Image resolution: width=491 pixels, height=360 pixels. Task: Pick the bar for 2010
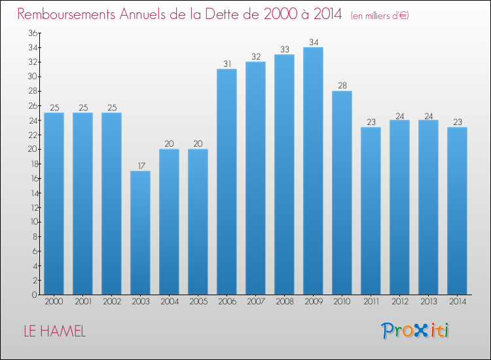point(342,192)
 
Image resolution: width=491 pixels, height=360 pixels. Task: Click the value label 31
point(227,64)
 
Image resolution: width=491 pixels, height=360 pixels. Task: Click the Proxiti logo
point(415,331)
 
